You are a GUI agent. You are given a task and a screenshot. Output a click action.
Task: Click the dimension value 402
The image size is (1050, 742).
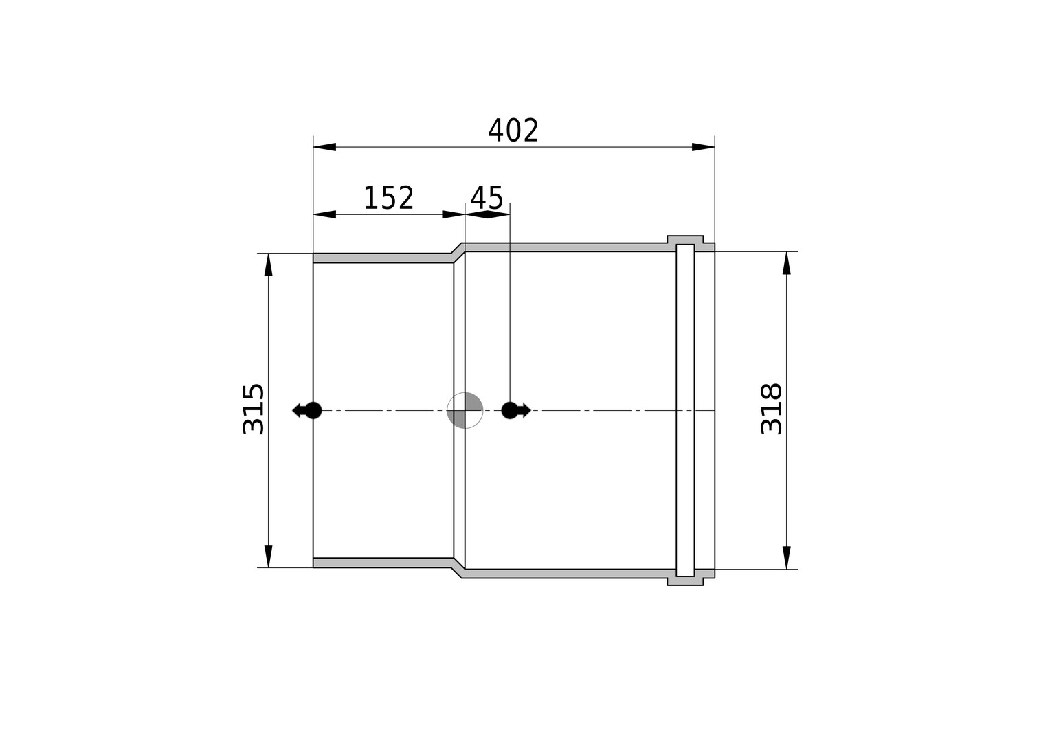pos(513,131)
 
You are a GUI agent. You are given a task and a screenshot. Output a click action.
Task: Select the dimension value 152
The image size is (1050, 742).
pos(388,198)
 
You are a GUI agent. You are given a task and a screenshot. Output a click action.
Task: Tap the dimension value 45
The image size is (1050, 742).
pos(487,198)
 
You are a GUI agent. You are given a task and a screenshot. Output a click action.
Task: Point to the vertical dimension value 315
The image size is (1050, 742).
pos(254,409)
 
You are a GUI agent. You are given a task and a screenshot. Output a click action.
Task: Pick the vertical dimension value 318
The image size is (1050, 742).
pos(771,409)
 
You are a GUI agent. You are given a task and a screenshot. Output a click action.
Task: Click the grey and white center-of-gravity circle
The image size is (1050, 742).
pos(465,410)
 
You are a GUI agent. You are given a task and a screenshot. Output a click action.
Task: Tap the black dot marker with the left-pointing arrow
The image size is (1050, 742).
pos(307,410)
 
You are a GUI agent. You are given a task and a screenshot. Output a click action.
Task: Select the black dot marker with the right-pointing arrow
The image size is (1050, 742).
pos(515,410)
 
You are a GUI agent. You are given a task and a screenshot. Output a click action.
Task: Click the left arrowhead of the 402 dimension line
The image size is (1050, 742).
pos(324,147)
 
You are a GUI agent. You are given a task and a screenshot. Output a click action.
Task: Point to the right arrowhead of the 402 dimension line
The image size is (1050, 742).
pos(704,147)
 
